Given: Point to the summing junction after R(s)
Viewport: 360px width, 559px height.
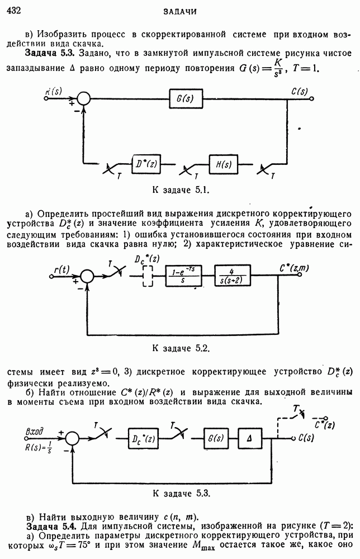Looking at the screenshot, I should pyautogui.click(x=83, y=99).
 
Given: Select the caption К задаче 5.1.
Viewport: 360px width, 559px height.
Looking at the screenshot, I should pyautogui.click(x=180, y=190).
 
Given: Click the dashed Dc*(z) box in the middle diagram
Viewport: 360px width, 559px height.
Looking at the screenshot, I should pyautogui.click(x=148, y=275).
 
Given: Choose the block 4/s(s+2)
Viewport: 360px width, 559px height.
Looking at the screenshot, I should pyautogui.click(x=233, y=275).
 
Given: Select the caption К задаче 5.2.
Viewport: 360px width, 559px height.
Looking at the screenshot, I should pyautogui.click(x=180, y=348).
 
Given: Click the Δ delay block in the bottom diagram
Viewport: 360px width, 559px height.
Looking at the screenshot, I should pyautogui.click(x=250, y=438).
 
